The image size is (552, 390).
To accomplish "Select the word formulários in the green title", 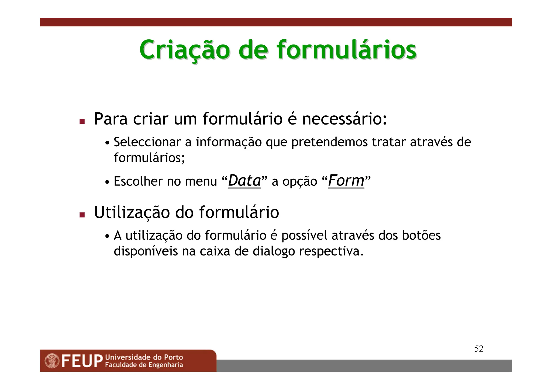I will [347, 50].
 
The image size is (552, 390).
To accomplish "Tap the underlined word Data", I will [244, 181].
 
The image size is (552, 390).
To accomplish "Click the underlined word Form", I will [346, 181].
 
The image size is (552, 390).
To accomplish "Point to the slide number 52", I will [479, 349].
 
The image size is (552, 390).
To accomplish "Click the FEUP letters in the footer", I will [82, 361].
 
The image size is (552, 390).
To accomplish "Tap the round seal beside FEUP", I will [52, 361].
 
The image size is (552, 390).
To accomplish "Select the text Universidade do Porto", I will [144, 357].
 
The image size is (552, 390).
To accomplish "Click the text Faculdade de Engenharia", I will [144, 365].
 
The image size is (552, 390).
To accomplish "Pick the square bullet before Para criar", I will [82, 122].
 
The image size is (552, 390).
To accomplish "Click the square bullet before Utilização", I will [82, 215].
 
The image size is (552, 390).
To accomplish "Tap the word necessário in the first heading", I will [344, 119].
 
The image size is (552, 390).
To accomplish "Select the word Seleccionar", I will [147, 142].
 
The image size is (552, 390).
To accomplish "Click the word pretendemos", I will [329, 143].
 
